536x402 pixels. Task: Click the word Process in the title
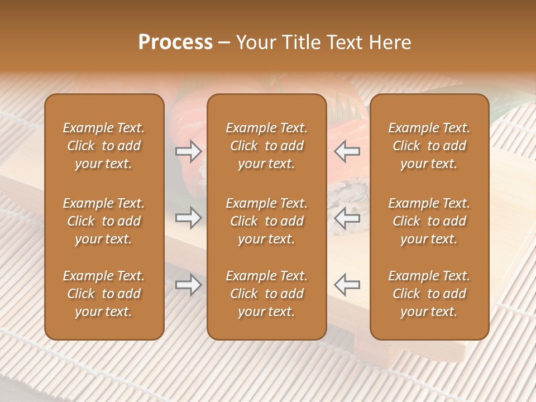(175, 42)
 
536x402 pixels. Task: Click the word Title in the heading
(301, 42)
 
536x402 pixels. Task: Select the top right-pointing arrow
(188, 151)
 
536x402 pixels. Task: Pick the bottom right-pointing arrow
(188, 285)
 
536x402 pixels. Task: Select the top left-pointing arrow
(347, 151)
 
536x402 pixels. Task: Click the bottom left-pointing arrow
(347, 285)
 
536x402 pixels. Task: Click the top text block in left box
(104, 146)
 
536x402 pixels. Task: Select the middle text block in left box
(104, 221)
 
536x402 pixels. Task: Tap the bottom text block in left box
(104, 294)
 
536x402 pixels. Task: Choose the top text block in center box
(267, 146)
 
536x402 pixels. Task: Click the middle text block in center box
(267, 221)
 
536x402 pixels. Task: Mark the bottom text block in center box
(267, 294)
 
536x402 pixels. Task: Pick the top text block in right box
(429, 146)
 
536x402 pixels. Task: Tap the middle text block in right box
(429, 221)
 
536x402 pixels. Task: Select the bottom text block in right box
(429, 294)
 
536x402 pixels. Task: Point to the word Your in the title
(256, 42)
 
